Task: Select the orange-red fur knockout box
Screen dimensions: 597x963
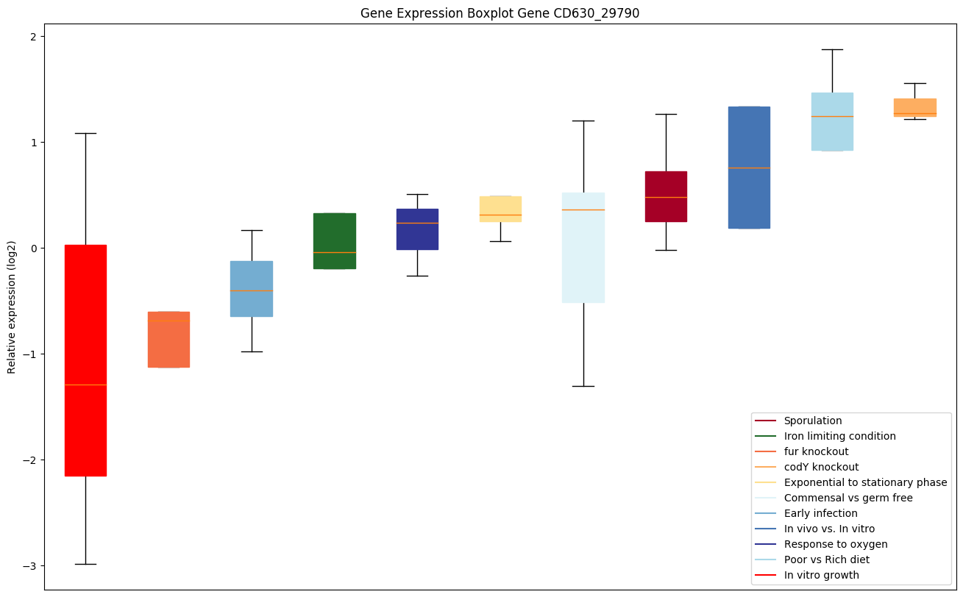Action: tap(168, 340)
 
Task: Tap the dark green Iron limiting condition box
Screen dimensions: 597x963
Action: tap(335, 241)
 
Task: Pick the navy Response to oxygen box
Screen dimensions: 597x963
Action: tap(417, 229)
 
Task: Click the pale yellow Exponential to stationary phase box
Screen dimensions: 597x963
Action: tap(500, 209)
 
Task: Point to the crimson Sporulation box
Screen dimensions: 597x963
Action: tap(666, 196)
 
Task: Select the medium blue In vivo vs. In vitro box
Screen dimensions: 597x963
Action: tap(749, 168)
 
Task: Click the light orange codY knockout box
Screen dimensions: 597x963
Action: tap(914, 107)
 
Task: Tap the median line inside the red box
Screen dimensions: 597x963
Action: tap(85, 385)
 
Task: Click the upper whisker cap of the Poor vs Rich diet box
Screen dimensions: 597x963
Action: tap(832, 49)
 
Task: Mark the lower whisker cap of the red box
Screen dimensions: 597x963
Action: tap(85, 564)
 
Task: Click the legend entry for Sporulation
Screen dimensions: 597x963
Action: tap(812, 421)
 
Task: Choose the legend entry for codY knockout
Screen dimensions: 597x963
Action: tap(821, 467)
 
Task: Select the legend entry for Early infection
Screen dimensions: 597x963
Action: tap(820, 513)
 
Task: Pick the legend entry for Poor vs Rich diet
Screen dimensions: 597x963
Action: tap(826, 560)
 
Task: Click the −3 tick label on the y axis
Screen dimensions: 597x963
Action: tap(30, 565)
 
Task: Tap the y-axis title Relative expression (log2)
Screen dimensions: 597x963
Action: tap(12, 307)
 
